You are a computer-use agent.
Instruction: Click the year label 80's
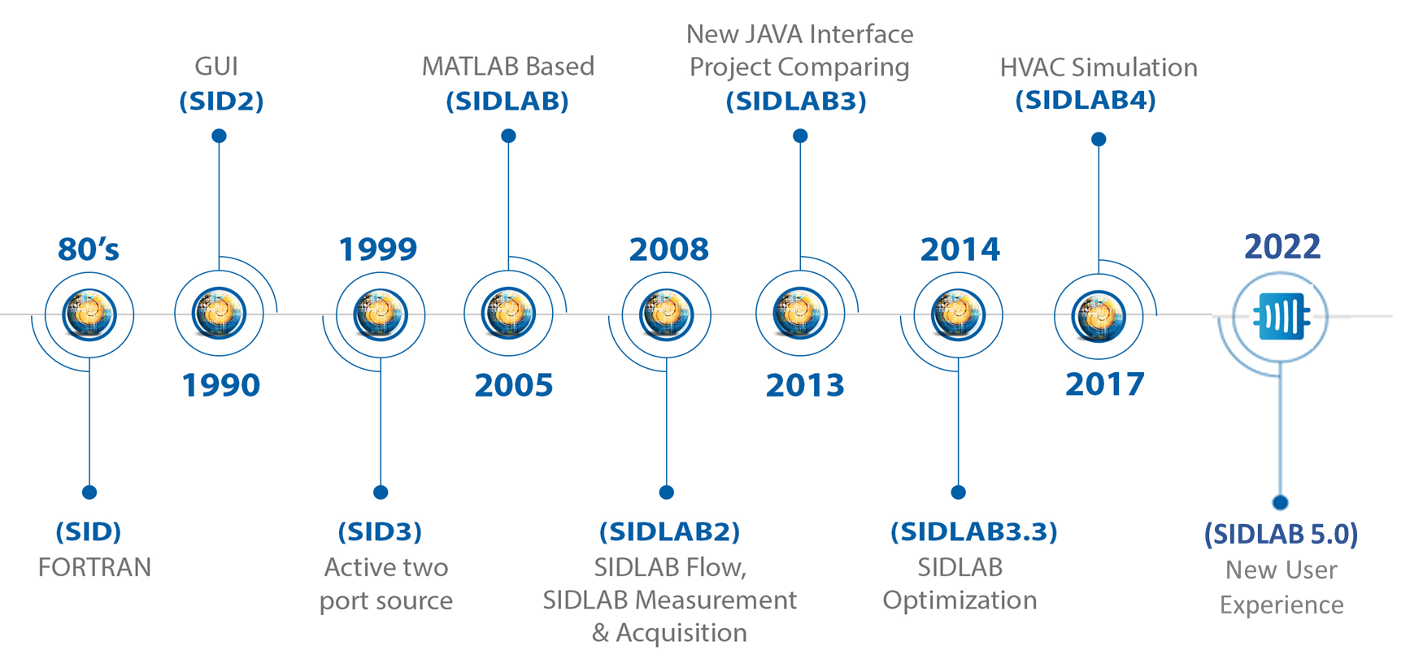click(89, 249)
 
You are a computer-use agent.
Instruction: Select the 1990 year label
click(220, 384)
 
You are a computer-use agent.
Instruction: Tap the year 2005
click(513, 384)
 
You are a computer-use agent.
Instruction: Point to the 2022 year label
click(1282, 246)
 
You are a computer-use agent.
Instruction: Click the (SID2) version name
click(221, 102)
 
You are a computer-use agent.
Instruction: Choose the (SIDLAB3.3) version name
click(973, 531)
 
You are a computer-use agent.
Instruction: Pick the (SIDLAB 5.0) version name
click(1281, 534)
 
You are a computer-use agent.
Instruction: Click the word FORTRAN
click(94, 567)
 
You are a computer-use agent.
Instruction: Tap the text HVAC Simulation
click(1098, 67)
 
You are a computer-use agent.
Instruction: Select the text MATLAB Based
click(508, 67)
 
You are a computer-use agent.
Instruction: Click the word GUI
click(216, 67)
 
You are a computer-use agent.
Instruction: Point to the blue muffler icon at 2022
click(1281, 316)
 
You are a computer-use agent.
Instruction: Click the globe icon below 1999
click(380, 314)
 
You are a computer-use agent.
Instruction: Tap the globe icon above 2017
click(1099, 316)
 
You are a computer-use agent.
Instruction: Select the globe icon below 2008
click(666, 314)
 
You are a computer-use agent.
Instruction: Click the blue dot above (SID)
click(89, 492)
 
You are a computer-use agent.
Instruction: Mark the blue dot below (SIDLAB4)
click(1099, 139)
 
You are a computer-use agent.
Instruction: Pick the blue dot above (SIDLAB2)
click(666, 492)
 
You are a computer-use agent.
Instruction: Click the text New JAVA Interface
click(799, 34)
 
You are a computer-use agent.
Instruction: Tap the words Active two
click(386, 567)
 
